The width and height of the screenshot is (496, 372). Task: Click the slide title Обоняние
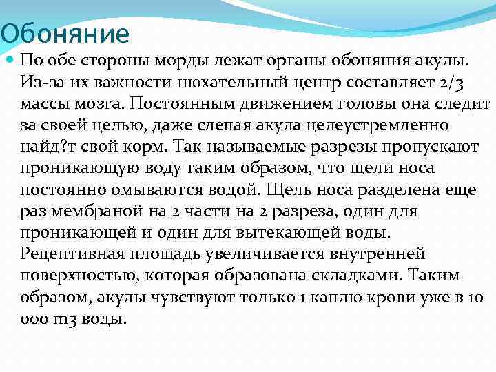[65, 33]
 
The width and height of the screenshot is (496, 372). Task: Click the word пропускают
[424, 146]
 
